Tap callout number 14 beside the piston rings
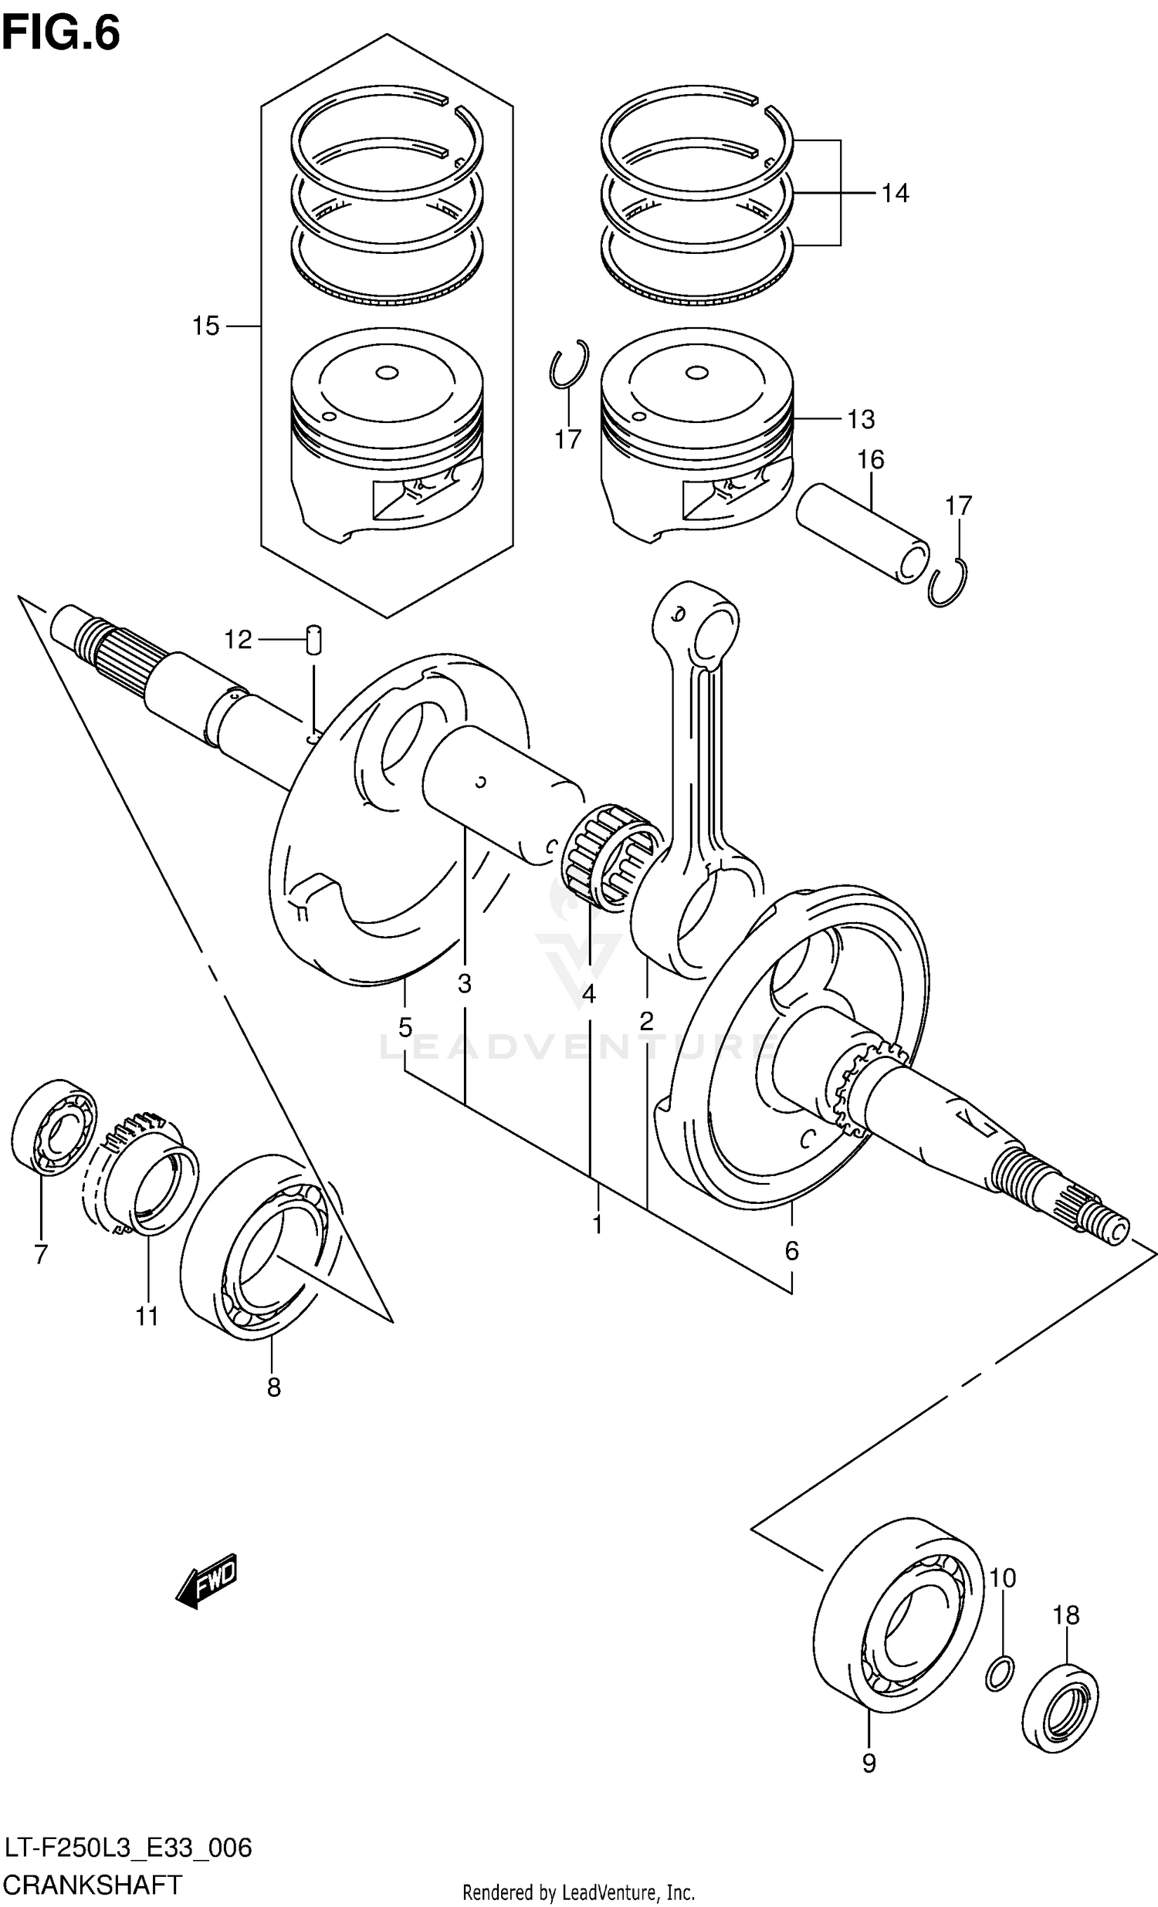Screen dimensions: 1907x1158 click(895, 193)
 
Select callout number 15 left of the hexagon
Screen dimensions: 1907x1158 click(206, 326)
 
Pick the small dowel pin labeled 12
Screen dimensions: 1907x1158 click(313, 639)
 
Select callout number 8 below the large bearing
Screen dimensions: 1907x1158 click(273, 1388)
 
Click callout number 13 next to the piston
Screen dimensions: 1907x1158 click(861, 420)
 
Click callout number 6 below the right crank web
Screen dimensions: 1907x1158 click(791, 1250)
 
